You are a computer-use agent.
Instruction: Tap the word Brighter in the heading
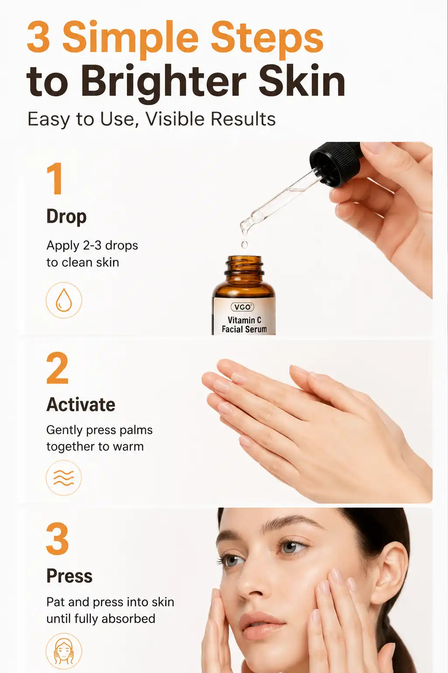(x=164, y=82)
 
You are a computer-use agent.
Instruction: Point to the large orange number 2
(x=57, y=368)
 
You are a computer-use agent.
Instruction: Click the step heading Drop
(x=66, y=217)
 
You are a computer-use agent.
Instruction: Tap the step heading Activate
(x=80, y=404)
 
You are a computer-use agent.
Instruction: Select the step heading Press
(x=69, y=576)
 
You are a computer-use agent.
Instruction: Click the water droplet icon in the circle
(x=63, y=300)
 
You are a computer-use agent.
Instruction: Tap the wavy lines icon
(x=63, y=478)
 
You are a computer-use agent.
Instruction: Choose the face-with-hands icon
(x=63, y=651)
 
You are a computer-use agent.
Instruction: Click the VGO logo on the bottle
(x=242, y=307)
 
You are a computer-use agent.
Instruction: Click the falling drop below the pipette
(x=245, y=244)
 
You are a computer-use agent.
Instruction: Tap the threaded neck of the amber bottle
(x=245, y=266)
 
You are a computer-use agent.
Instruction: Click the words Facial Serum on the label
(x=244, y=329)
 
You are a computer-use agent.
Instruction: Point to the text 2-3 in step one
(x=92, y=245)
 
